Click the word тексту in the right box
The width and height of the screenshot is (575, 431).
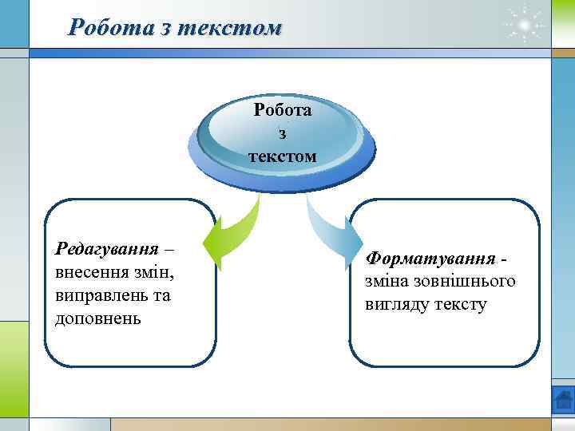459,305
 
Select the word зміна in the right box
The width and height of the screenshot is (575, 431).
386,282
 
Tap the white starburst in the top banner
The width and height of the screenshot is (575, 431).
525,26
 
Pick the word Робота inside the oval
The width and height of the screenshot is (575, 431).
282,110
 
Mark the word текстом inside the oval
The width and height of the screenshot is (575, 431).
282,155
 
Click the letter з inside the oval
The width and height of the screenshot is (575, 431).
282,132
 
